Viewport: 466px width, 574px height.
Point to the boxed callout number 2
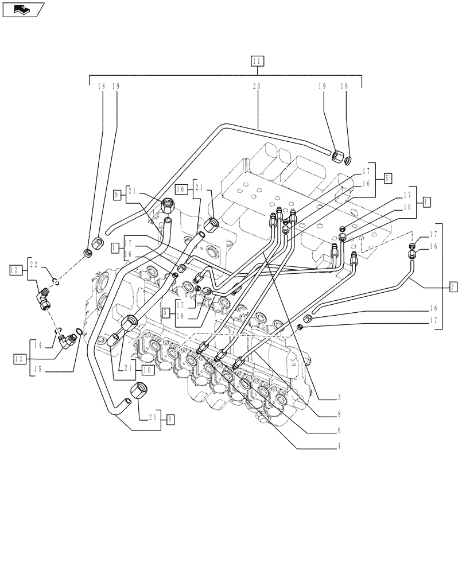click(x=453, y=286)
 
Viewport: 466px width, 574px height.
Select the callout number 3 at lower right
click(x=339, y=397)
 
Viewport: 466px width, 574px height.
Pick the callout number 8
click(x=339, y=413)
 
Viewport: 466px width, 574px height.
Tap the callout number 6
click(x=339, y=429)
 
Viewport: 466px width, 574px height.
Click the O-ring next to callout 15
click(x=79, y=332)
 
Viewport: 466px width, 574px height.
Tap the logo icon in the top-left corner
click(x=22, y=9)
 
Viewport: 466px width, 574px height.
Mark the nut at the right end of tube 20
click(x=339, y=155)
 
